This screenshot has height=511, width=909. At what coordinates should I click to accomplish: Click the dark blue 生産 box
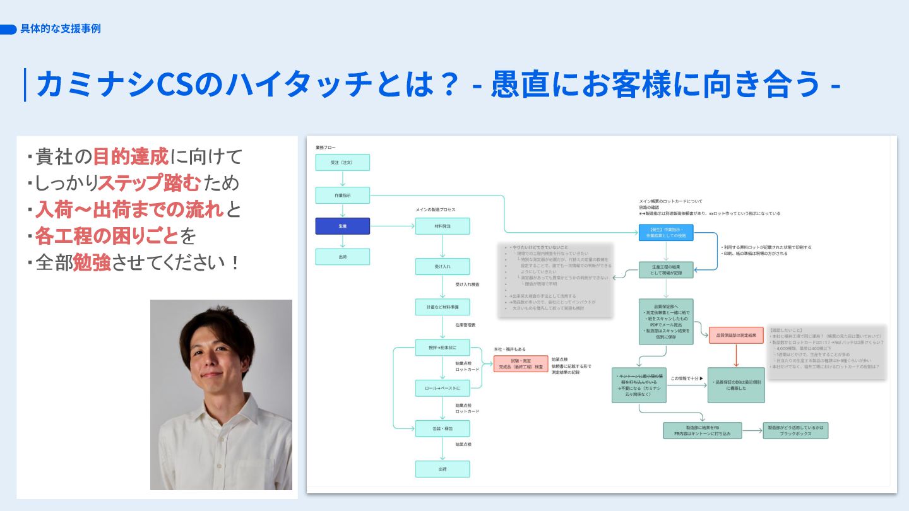[x=342, y=226]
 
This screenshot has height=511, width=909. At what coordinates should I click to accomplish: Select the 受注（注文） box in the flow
[x=342, y=162]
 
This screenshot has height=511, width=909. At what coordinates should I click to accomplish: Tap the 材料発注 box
[x=442, y=226]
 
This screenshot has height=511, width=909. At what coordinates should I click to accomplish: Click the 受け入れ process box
[x=442, y=266]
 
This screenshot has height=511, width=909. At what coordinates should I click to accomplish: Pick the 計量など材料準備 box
[x=442, y=307]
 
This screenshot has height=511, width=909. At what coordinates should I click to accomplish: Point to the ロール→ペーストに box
[x=442, y=387]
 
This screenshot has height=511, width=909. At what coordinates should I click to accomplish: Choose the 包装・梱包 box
[x=442, y=428]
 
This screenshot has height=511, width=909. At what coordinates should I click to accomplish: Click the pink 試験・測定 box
[x=520, y=363]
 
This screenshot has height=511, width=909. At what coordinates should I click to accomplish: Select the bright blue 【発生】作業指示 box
[x=665, y=232]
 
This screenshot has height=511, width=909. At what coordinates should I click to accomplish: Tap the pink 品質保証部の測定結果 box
[x=736, y=335]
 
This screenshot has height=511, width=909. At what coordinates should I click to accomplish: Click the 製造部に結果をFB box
[x=702, y=430]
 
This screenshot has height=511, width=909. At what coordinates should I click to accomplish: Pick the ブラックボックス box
[x=795, y=430]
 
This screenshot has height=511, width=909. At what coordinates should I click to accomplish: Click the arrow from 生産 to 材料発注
[x=393, y=226]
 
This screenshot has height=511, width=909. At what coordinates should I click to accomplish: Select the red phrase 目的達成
[x=131, y=156]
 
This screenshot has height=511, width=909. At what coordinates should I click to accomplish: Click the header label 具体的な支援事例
[x=60, y=28]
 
